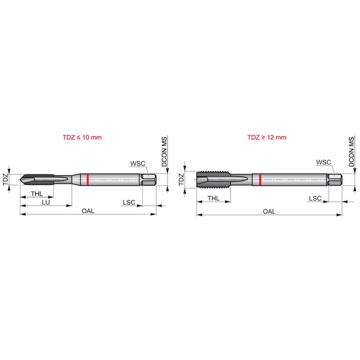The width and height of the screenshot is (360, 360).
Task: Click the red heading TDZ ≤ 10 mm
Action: coord(82,137)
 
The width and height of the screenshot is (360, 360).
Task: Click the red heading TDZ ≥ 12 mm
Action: coord(267,137)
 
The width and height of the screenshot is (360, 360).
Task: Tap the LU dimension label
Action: coord(46,203)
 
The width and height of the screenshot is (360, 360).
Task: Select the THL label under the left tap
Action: coord(37,194)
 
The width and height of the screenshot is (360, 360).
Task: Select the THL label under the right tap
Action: coord(214,199)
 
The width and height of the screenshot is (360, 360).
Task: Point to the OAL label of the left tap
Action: coord(88,211)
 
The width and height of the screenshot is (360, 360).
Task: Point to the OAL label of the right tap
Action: coord(269,211)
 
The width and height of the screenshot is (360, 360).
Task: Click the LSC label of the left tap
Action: coord(129,203)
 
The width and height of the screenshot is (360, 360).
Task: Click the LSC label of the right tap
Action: coord(315,199)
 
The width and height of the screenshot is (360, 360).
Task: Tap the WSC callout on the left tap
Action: coord(138,163)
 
